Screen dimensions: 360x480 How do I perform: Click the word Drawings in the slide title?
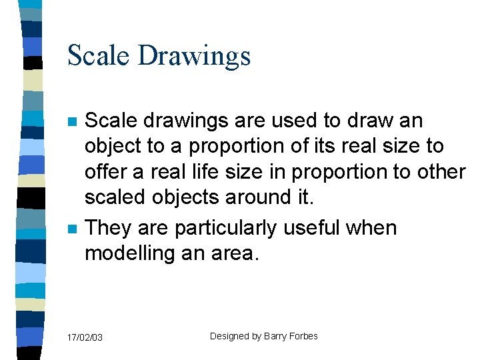pos(194,55)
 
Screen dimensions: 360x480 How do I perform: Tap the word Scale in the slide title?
pos(99,55)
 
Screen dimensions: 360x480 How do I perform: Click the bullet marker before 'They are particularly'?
pos(71,229)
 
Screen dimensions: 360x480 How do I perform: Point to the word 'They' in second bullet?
pos(107,228)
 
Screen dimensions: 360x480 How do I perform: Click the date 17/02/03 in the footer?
pos(85,338)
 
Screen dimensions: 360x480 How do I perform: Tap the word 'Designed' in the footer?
pos(229,336)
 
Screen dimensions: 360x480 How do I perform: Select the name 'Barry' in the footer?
pos(275,336)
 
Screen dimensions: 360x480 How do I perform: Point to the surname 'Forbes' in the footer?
pos(304,336)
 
